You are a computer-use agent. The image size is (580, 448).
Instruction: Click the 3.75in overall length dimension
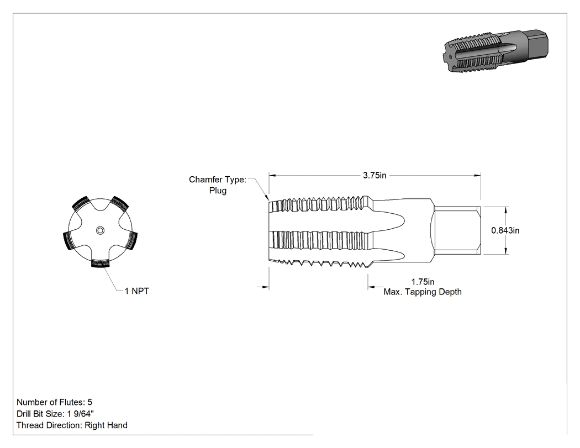coord(375,175)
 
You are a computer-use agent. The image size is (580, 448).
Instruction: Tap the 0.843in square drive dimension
coord(505,230)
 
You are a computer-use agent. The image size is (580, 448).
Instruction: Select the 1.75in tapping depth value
coord(423,282)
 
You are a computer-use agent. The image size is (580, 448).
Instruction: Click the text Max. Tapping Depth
coord(423,292)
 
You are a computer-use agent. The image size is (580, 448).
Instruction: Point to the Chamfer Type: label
coord(218,180)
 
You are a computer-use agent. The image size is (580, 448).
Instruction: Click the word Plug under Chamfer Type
coord(218,191)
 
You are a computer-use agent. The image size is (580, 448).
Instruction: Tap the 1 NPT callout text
coord(137,291)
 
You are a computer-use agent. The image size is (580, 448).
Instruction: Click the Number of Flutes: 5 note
coord(54,402)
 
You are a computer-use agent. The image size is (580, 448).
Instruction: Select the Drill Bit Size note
coord(55,414)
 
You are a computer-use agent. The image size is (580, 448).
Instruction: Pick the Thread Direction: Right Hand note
coord(72,425)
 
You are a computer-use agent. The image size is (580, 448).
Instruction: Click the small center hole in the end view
coord(100,231)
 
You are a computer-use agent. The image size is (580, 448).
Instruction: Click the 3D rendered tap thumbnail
coord(495,49)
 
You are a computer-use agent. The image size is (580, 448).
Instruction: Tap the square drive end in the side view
coord(457,230)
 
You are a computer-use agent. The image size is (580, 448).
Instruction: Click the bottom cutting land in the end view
coord(100,263)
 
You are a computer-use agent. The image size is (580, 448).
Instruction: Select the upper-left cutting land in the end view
coord(81,204)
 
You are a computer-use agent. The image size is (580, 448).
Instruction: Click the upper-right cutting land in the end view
coord(119,204)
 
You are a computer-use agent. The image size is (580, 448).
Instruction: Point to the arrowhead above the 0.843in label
coord(505,210)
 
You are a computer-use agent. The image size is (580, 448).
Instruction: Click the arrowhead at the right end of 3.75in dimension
coord(477,175)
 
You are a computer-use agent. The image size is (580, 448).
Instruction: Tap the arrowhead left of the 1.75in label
coord(371,287)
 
